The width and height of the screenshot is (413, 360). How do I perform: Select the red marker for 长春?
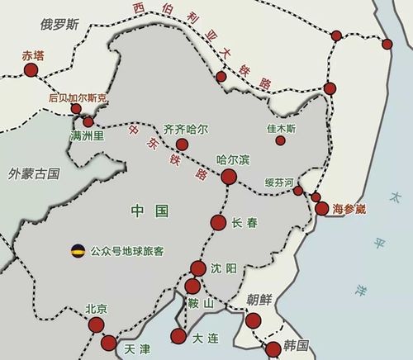tap(218, 222)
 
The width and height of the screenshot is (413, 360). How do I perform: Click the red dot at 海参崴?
tap(322, 208)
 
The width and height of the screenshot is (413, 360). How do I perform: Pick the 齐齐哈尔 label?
tap(187, 130)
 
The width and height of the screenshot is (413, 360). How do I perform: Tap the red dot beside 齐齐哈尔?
tap(183, 144)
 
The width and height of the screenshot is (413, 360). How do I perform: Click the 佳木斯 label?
tap(287, 130)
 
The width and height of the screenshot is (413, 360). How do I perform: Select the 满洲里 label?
tap(87, 135)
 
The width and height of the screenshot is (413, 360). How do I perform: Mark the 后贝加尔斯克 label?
tap(78, 97)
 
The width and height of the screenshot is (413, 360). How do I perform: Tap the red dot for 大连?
tap(178, 336)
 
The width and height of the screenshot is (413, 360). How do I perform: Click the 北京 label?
tap(96, 310)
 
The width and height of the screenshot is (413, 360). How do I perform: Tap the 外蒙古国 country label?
tap(34, 173)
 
